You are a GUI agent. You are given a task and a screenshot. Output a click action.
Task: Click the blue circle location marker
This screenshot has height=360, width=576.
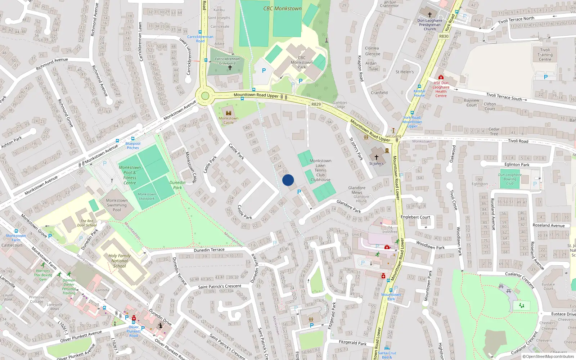coord(288,180)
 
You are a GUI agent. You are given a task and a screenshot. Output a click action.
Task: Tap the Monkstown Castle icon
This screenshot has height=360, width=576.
coord(228,113)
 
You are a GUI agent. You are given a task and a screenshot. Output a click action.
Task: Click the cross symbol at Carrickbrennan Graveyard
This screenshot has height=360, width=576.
coord(230,68)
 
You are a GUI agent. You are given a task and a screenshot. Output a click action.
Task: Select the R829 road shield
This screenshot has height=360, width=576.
coord(316,104)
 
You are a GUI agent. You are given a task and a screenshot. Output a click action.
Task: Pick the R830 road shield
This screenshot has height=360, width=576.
coord(444,36)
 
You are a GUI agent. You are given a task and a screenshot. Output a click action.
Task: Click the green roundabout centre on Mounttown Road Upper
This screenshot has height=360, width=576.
coord(205,96)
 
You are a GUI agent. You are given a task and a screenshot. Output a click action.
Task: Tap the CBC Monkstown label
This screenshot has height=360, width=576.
coord(282,8)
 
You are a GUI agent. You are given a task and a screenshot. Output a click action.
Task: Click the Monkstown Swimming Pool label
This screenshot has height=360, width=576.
coord(117,205)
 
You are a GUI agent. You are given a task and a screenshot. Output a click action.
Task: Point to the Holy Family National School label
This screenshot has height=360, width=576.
coord(120,261)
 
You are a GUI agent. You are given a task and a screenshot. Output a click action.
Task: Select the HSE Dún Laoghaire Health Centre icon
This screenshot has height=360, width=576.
coord(441,77)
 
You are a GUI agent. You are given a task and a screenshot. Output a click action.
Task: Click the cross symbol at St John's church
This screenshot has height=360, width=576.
coord(377,157)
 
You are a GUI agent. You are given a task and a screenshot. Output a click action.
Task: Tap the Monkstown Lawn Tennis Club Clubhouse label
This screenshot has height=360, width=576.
coord(320,170)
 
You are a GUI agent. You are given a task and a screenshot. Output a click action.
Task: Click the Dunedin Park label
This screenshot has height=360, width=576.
coord(177,185)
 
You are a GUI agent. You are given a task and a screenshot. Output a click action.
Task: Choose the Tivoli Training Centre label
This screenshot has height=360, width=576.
coord(545,55)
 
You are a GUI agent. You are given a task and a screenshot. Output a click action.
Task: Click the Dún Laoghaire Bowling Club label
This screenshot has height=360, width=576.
coord(510,179)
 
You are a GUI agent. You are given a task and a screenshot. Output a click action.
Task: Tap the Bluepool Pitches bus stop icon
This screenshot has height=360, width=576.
coord(133,139)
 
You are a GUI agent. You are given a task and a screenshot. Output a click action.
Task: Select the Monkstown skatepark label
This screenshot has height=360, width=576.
coord(147,196)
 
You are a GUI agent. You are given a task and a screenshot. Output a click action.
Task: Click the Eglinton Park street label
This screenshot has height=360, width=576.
coord(517,165)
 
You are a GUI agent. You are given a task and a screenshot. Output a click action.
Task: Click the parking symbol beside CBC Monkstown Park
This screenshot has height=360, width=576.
coord(264,71)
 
